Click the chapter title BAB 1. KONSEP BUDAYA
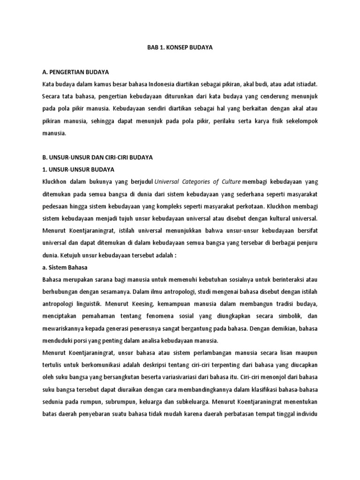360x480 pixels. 180,48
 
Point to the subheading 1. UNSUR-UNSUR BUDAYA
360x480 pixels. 77,169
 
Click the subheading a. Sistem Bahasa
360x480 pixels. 65,267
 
